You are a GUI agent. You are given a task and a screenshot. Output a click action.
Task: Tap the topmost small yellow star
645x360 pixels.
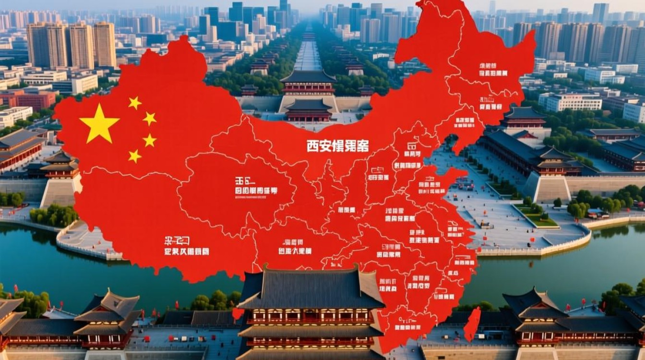[135, 102]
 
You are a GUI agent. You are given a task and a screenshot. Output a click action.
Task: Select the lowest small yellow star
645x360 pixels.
[135, 156]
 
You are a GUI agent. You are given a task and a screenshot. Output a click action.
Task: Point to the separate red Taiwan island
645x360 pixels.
[472, 324]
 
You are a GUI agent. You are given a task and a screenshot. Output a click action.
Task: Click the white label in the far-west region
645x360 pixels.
[187, 246]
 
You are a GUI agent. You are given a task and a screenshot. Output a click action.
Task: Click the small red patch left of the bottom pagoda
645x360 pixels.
[237, 314]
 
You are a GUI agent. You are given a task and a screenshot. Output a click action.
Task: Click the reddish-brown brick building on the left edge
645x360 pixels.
[29, 100]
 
